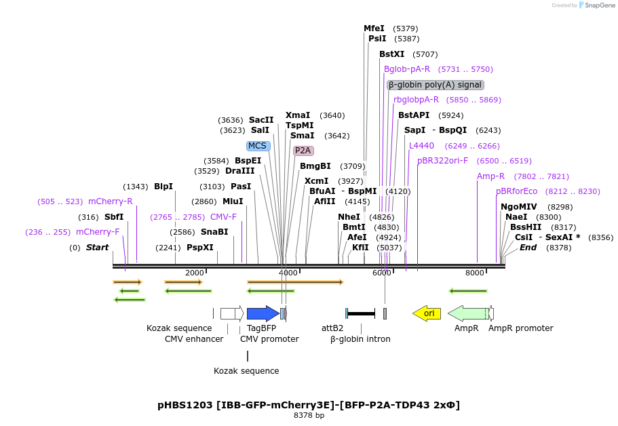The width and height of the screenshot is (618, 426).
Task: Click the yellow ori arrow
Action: (427, 313)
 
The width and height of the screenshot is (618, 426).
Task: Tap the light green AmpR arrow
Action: (468, 313)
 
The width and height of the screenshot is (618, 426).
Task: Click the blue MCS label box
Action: (258, 146)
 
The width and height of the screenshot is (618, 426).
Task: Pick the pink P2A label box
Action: (303, 151)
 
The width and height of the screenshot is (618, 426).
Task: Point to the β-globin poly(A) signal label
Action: (436, 85)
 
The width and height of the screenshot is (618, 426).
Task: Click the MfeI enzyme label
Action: (374, 28)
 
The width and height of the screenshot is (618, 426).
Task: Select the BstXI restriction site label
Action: (391, 54)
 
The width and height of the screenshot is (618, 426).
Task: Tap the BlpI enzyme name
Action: (163, 187)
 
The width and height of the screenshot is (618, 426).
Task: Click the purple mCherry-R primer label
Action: (111, 201)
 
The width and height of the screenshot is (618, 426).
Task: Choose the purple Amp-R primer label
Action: (490, 176)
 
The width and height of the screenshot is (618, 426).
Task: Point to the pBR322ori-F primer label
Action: (442, 161)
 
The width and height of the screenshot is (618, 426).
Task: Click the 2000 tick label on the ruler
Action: (195, 273)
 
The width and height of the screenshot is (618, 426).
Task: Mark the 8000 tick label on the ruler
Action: (475, 273)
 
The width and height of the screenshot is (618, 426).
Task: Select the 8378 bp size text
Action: (309, 415)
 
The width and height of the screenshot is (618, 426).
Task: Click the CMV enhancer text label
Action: (194, 339)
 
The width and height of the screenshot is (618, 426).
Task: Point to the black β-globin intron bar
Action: (361, 313)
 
